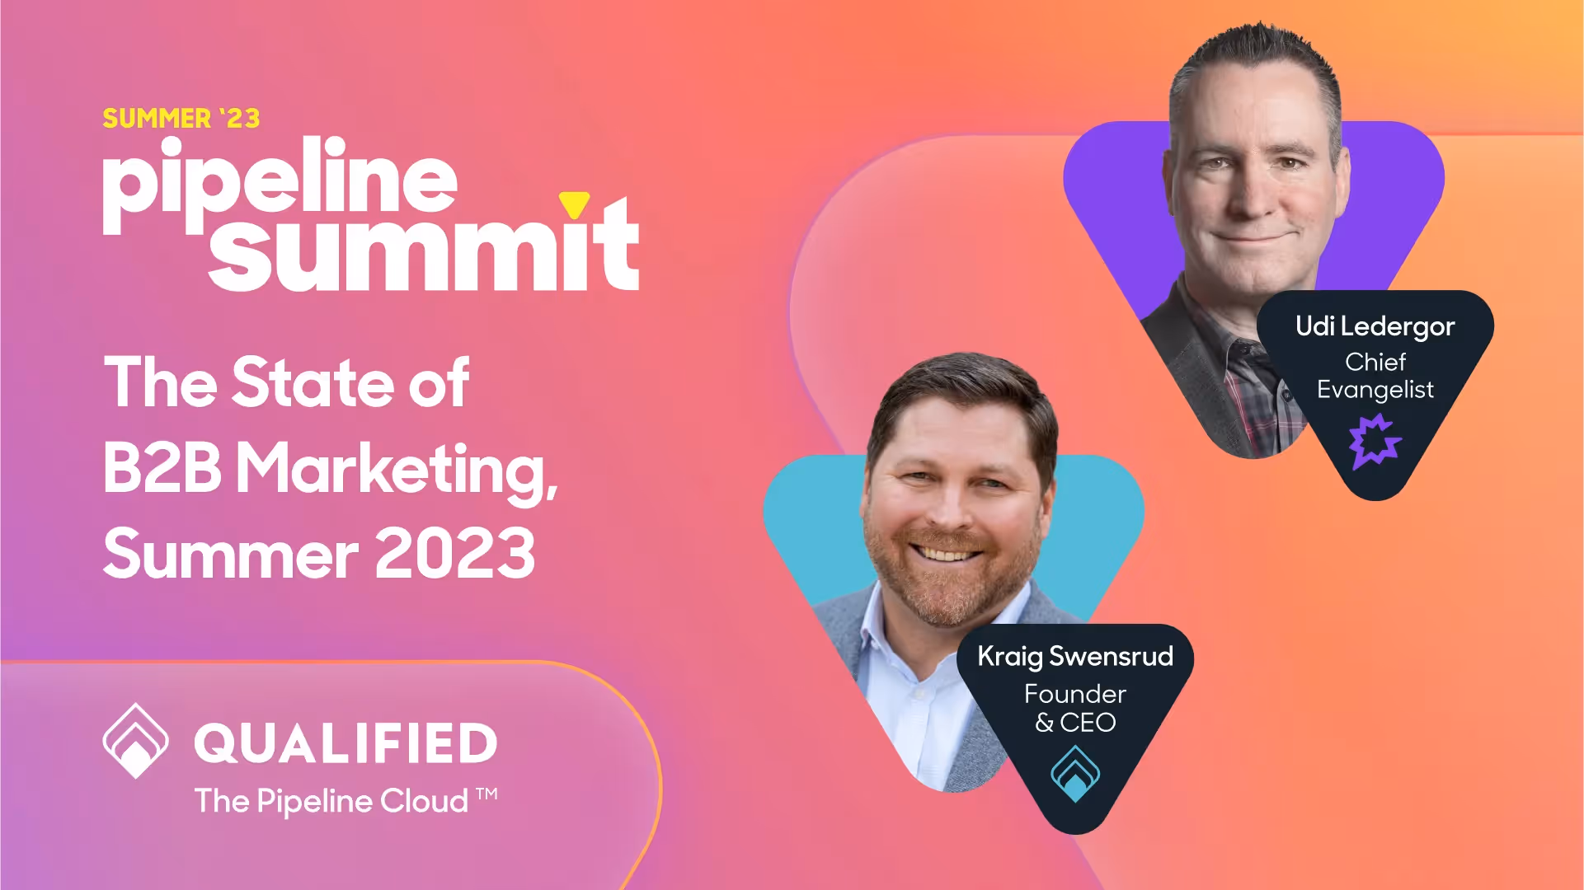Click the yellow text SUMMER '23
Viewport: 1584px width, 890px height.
coord(181,119)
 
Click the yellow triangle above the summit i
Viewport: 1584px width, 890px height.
coord(574,204)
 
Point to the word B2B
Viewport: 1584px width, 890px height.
coord(162,467)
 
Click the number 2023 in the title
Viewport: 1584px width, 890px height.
coord(455,553)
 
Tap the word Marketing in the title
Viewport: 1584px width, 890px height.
coord(397,470)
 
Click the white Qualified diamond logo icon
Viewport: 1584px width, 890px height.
coord(135,741)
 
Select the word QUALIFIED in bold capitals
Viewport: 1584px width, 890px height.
coord(345,743)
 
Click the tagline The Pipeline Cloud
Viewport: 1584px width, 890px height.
coord(331,801)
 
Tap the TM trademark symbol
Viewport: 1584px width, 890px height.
coord(487,794)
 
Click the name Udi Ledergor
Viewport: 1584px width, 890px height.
coord(1375,326)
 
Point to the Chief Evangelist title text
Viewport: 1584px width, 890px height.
coord(1375,376)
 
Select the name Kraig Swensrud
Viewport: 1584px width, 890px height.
coord(1075,656)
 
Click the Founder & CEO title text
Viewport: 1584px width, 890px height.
coord(1075,708)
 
